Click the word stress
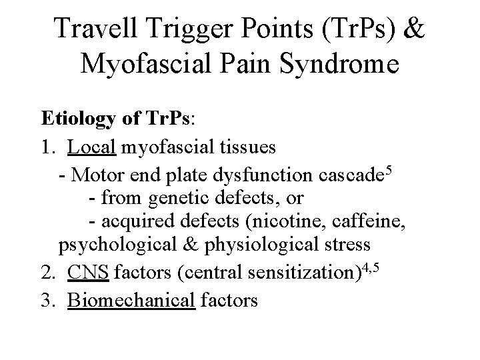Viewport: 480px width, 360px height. [347, 245]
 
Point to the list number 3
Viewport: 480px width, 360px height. [46, 301]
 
